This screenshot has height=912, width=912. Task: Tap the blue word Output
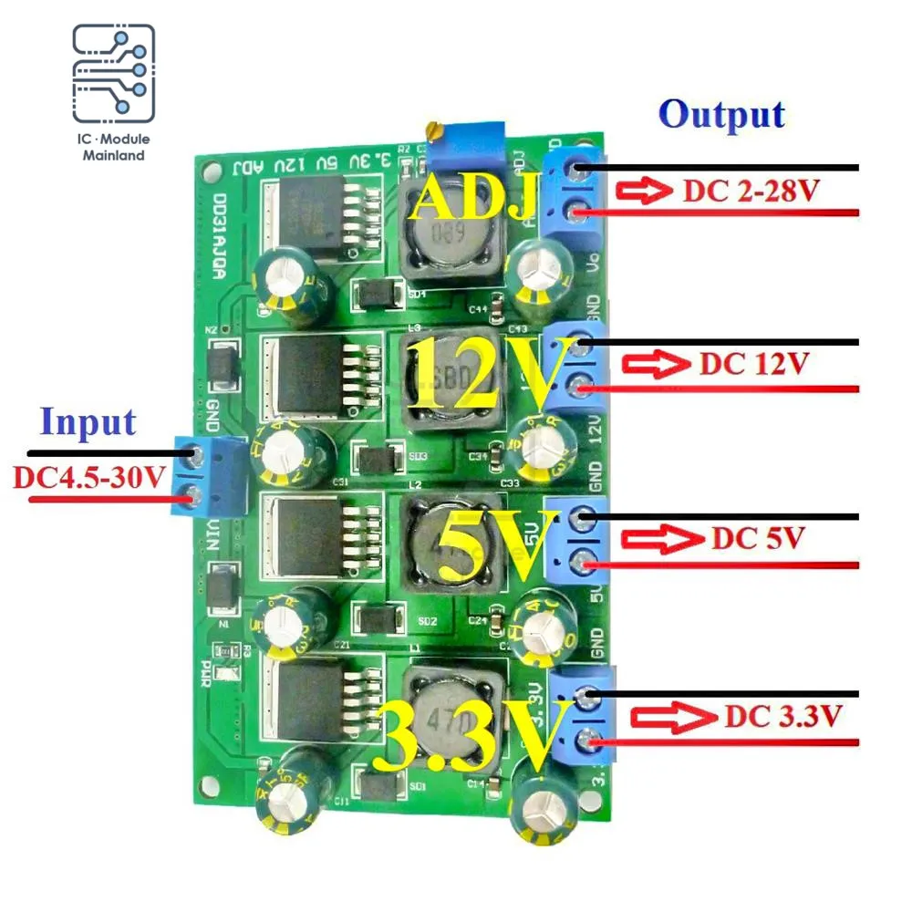721,116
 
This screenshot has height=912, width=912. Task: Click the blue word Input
88,422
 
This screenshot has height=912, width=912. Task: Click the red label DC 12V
754,364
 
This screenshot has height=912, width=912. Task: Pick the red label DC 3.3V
782,716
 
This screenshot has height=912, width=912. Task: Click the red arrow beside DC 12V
654,365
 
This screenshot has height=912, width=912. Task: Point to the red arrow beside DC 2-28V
643,192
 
